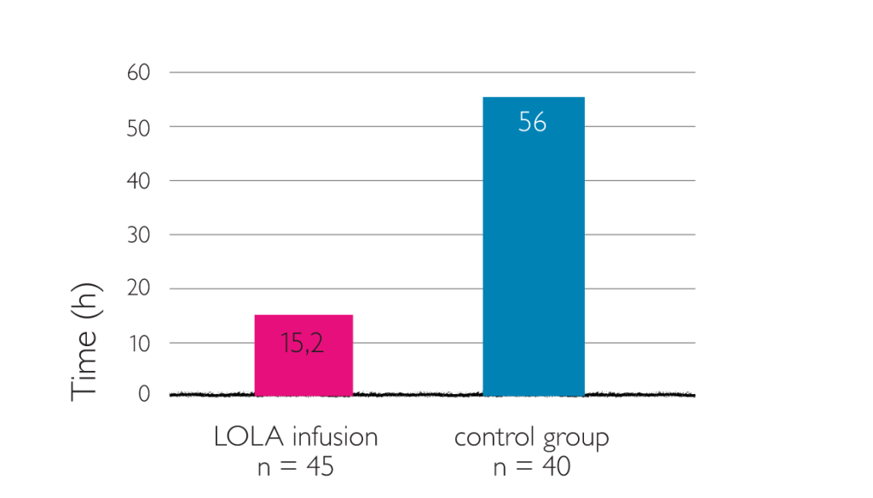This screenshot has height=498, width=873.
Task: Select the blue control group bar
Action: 534,256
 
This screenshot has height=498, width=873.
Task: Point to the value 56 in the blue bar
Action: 533,123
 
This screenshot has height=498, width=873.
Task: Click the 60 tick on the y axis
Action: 138,73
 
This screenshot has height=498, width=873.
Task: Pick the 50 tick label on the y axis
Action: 138,127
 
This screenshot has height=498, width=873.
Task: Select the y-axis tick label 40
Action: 138,181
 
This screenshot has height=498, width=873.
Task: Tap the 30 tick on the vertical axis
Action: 138,235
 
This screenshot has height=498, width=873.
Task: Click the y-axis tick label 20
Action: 138,288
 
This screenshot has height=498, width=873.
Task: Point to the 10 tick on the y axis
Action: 138,343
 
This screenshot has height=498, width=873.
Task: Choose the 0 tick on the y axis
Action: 144,394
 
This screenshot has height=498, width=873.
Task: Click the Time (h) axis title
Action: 85,341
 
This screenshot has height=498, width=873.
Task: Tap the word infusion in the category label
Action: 335,438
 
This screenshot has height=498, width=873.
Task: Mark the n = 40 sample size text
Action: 531,467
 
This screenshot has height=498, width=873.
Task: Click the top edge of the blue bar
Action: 534,98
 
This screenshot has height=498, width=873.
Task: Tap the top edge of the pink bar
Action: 304,316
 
